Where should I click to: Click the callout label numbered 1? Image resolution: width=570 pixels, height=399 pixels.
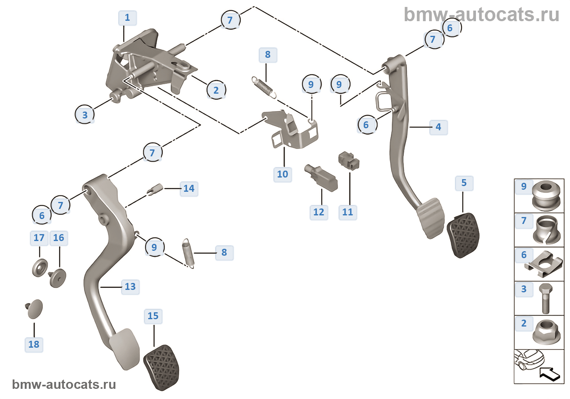(x=127, y=18)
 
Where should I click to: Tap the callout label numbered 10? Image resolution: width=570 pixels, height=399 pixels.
(x=283, y=174)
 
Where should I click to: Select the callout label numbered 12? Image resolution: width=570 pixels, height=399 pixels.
(x=319, y=212)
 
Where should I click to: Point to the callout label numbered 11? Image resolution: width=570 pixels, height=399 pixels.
(x=348, y=212)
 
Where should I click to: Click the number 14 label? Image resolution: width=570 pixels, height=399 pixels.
(x=189, y=189)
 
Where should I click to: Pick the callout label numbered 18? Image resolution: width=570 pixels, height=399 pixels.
(x=34, y=344)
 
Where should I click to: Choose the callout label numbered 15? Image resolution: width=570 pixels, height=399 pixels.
(x=153, y=316)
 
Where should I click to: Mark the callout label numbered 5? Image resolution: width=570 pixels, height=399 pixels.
(x=464, y=183)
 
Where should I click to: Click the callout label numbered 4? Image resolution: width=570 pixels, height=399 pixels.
(x=438, y=127)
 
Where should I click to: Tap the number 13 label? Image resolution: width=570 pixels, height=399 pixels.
(x=130, y=287)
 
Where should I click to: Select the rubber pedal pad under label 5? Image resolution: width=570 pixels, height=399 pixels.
(x=463, y=235)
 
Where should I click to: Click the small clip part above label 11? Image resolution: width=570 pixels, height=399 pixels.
(x=349, y=160)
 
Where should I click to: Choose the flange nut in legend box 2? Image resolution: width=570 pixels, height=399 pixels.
(x=546, y=332)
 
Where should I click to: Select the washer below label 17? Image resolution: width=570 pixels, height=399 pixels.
(x=40, y=267)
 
